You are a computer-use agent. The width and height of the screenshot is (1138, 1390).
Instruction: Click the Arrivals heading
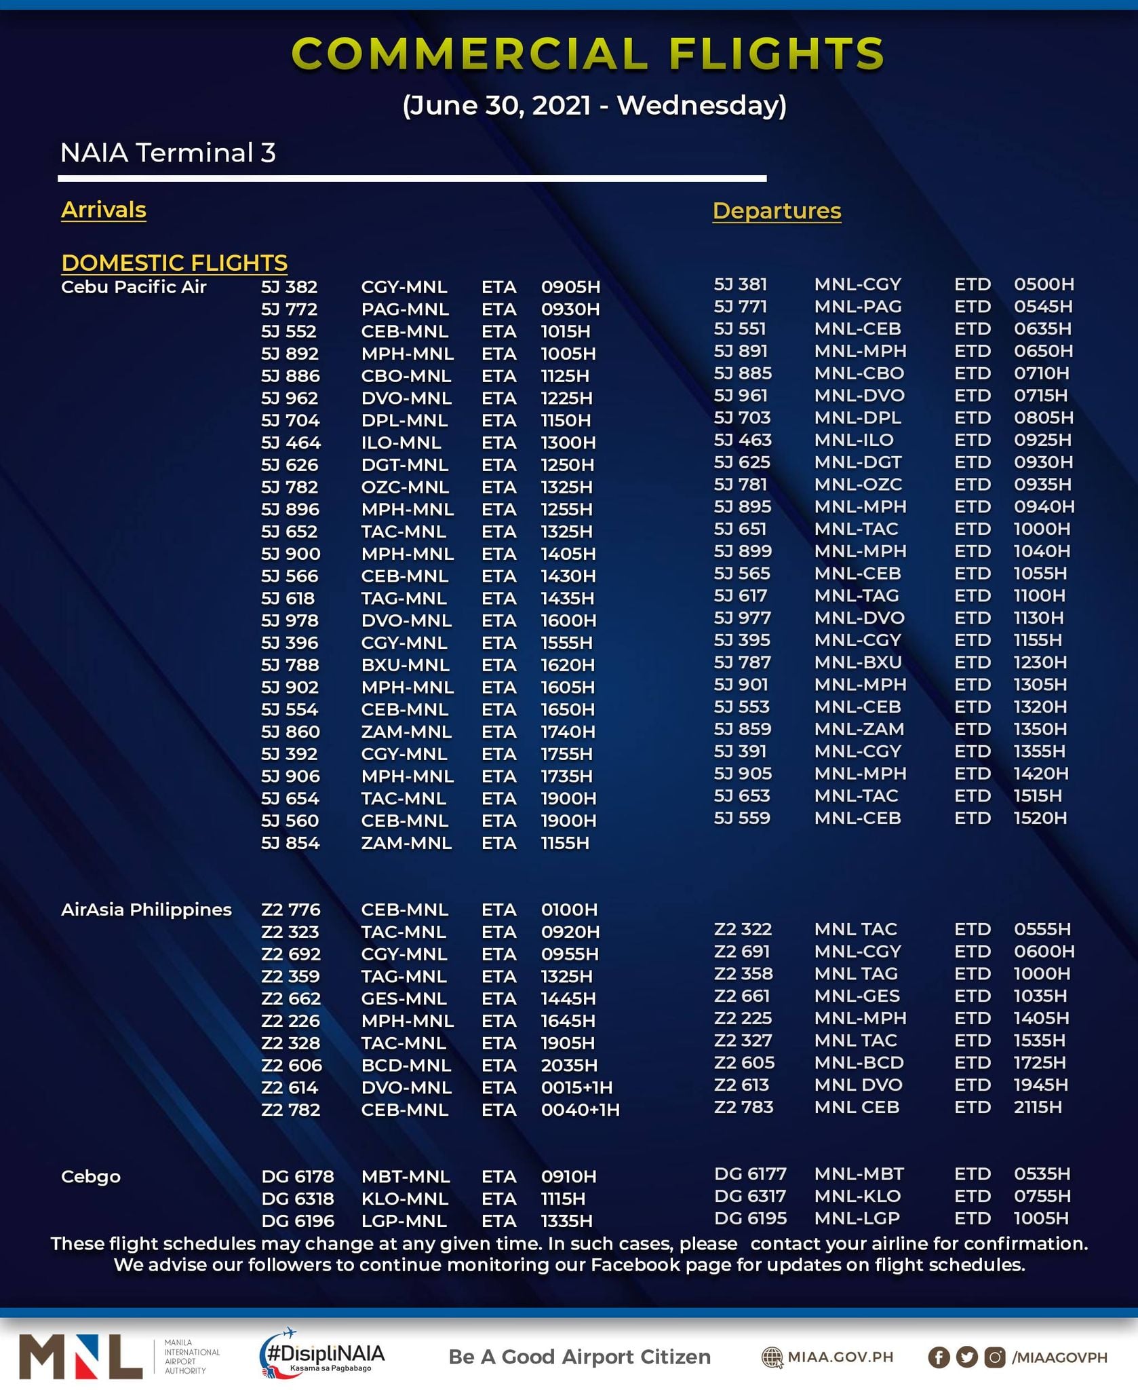[104, 210]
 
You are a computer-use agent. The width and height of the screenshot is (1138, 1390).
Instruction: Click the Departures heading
[777, 210]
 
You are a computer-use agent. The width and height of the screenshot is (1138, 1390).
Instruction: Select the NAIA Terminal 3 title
[168, 153]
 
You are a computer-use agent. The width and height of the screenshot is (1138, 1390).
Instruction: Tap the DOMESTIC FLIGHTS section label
[174, 263]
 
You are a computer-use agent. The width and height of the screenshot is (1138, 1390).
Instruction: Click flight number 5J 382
[290, 287]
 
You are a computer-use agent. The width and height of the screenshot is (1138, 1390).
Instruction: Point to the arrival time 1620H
[568, 664]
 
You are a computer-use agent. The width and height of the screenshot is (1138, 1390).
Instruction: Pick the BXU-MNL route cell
[405, 664]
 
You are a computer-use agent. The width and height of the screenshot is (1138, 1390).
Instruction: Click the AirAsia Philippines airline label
[146, 909]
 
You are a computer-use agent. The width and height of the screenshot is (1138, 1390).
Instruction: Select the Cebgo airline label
[91, 1176]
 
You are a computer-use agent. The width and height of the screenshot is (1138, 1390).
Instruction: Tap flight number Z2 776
[290, 909]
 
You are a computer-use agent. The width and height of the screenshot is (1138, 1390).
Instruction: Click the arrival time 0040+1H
[580, 1110]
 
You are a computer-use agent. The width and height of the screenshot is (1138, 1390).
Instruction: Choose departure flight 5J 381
[740, 284]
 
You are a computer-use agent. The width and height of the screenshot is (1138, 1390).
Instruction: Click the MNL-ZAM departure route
[859, 729]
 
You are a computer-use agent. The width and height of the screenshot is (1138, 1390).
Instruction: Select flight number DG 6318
[298, 1199]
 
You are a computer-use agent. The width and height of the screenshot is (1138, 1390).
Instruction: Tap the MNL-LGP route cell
[857, 1218]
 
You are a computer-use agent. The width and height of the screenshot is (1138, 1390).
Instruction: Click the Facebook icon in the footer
[939, 1357]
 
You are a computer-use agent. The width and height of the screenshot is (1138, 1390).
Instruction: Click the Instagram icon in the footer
[995, 1357]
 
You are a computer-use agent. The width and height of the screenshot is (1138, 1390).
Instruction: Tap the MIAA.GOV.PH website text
[840, 1357]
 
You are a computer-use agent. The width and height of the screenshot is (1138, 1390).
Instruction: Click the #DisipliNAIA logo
[322, 1355]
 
